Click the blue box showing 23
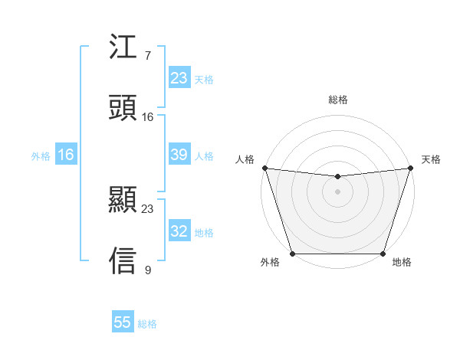click(x=179, y=78)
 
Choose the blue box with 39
click(x=179, y=155)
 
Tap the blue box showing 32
click(x=179, y=231)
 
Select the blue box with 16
click(x=66, y=155)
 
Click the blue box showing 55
click(x=123, y=322)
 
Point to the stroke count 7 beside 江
click(x=148, y=57)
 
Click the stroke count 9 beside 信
click(x=148, y=270)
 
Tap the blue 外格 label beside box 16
click(x=41, y=156)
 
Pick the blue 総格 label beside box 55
click(x=147, y=324)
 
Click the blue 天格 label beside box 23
click(x=204, y=80)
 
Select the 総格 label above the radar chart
click(x=338, y=100)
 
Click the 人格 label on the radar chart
click(x=245, y=159)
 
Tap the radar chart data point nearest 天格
click(x=411, y=167)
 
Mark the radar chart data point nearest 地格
click(x=383, y=254)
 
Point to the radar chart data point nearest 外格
click(x=292, y=254)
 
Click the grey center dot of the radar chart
click(x=338, y=191)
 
